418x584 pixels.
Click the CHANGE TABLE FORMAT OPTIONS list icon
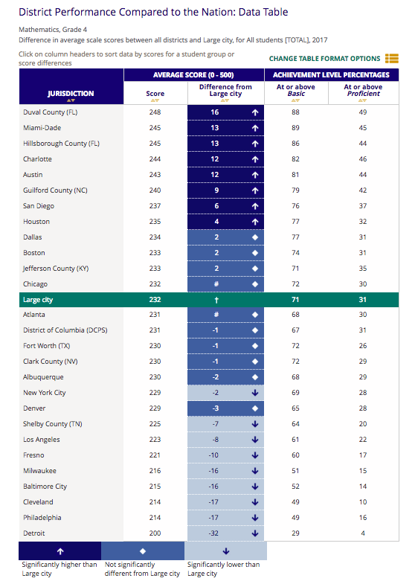pyautogui.click(x=391, y=59)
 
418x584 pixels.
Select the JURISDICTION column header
pyautogui.click(x=71, y=94)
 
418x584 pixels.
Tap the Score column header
pyautogui.click(x=155, y=94)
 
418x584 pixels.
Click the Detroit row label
pyautogui.click(x=34, y=533)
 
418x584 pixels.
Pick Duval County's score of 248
pyautogui.click(x=155, y=112)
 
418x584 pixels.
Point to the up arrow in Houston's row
pyautogui.click(x=255, y=222)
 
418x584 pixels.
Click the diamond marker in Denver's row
pyautogui.click(x=255, y=408)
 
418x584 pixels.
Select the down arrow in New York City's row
pyautogui.click(x=255, y=393)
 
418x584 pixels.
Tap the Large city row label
pyautogui.click(x=38, y=300)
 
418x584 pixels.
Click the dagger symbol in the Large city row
pyautogui.click(x=216, y=300)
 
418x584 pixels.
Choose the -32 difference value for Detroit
pyautogui.click(x=213, y=533)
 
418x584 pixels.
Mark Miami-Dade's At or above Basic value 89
pyautogui.click(x=295, y=128)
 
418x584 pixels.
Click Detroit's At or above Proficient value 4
pyautogui.click(x=363, y=533)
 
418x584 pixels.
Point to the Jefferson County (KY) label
pyautogui.click(x=56, y=269)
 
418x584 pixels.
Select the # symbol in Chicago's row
pyautogui.click(x=216, y=284)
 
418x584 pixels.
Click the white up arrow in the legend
pyautogui.click(x=60, y=551)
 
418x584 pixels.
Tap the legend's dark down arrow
pyautogui.click(x=225, y=551)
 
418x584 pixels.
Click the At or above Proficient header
pyautogui.click(x=363, y=90)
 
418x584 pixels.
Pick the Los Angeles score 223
pyautogui.click(x=155, y=440)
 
